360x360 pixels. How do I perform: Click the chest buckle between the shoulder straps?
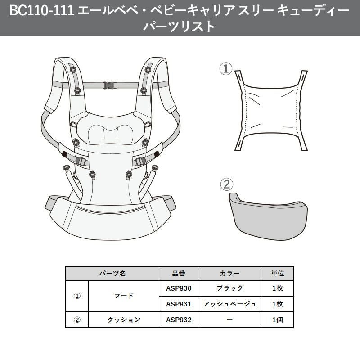pyautogui.click(x=110, y=85)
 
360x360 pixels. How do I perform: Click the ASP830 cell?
pyautogui.click(x=179, y=288)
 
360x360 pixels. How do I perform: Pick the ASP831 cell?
pyautogui.click(x=179, y=304)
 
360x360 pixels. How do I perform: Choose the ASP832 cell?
pyautogui.click(x=179, y=320)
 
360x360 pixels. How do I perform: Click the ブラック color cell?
pyautogui.click(x=229, y=288)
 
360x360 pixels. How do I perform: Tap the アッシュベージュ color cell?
pyautogui.click(x=229, y=304)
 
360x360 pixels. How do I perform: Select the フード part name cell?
pyautogui.click(x=124, y=296)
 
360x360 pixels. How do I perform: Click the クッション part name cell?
pyautogui.click(x=124, y=320)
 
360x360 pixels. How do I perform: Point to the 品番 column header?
pyautogui.click(x=179, y=273)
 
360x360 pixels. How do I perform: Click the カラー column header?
pyautogui.click(x=229, y=273)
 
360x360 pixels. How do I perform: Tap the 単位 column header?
pyautogui.click(x=277, y=273)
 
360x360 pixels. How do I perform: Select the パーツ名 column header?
pyautogui.click(x=112, y=273)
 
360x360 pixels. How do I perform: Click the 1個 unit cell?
pyautogui.click(x=277, y=320)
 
